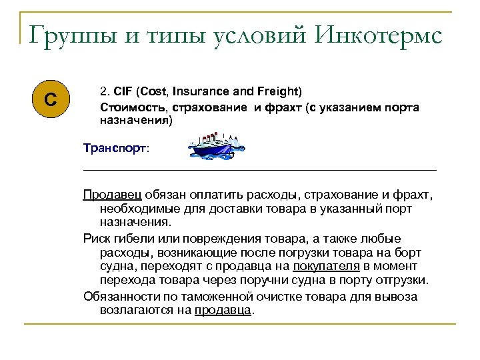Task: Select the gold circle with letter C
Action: [x=50, y=101]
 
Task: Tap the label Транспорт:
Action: [x=116, y=149]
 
